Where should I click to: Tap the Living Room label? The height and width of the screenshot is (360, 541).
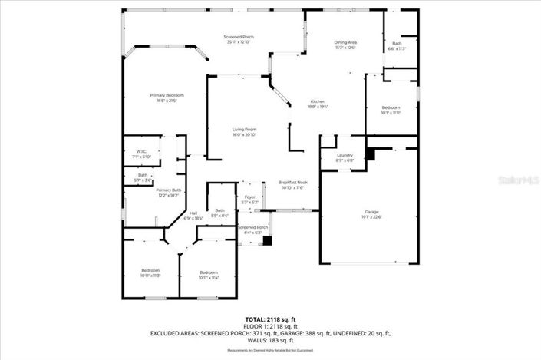(x=245, y=129)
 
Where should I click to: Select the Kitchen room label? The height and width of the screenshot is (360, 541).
(x=318, y=101)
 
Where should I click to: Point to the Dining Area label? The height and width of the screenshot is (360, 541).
(x=345, y=42)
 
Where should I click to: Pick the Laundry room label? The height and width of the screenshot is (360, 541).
(x=345, y=156)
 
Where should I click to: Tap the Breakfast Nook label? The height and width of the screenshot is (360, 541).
(x=293, y=183)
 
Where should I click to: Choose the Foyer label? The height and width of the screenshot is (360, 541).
(x=250, y=197)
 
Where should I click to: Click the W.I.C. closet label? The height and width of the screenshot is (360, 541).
(x=142, y=151)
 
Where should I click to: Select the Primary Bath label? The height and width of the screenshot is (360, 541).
(x=169, y=190)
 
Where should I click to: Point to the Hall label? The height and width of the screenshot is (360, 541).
(x=193, y=213)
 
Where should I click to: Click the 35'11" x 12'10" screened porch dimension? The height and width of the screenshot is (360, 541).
(x=239, y=42)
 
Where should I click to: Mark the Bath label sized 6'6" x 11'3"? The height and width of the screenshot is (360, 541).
(x=397, y=43)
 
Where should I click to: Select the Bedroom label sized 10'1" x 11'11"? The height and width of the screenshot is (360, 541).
(x=391, y=107)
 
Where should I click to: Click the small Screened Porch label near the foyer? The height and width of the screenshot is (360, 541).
(x=252, y=227)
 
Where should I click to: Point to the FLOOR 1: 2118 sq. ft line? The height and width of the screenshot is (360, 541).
(x=270, y=325)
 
